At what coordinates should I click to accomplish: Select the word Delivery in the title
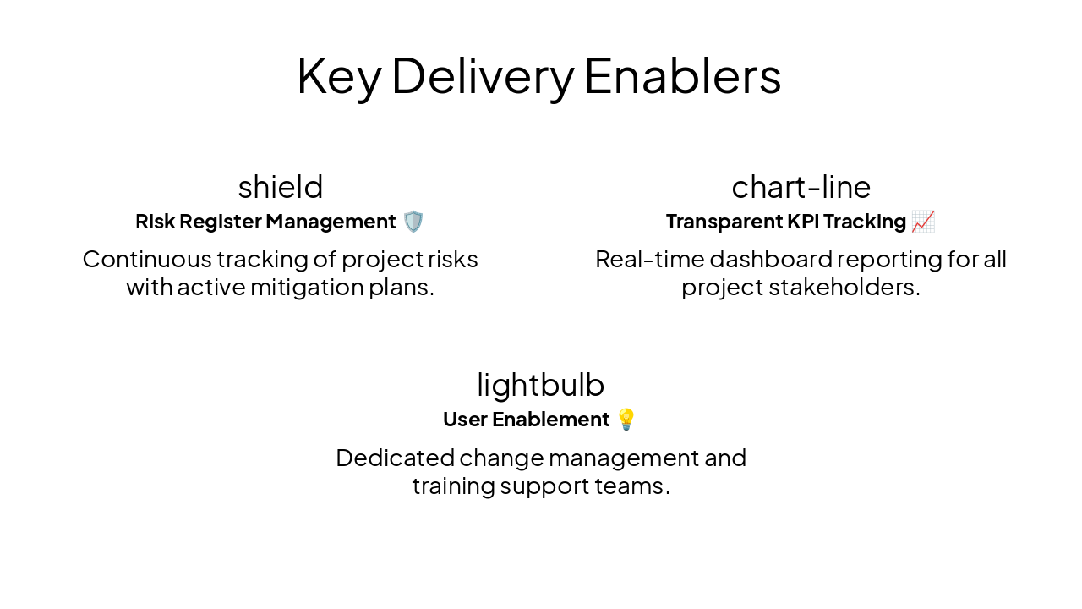[482, 76]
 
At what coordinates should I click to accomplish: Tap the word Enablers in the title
[682, 76]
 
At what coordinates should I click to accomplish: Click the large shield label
[281, 187]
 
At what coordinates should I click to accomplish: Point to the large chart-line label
[801, 187]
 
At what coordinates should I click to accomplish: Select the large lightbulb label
[541, 385]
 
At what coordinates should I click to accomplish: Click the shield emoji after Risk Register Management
[413, 222]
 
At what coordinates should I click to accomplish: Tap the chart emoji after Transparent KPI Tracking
[923, 222]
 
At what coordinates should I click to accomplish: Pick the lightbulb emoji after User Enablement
[626, 420]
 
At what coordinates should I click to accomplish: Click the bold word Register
[227, 222]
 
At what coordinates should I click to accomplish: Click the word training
[452, 486]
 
